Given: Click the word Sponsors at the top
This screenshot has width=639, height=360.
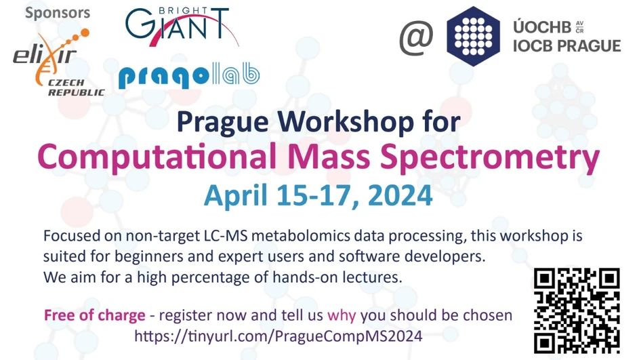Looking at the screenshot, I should [x=58, y=13].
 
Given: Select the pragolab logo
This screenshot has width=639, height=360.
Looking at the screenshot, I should [x=189, y=76].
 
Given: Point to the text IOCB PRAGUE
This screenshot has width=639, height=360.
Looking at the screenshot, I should [x=567, y=46].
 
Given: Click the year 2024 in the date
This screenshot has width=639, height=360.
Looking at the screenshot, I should [x=400, y=195].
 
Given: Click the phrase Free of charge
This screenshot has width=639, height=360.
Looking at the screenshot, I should [x=94, y=315].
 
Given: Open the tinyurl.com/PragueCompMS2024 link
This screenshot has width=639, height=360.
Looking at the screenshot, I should [x=279, y=336].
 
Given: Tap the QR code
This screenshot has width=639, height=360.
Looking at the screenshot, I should [x=577, y=311].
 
